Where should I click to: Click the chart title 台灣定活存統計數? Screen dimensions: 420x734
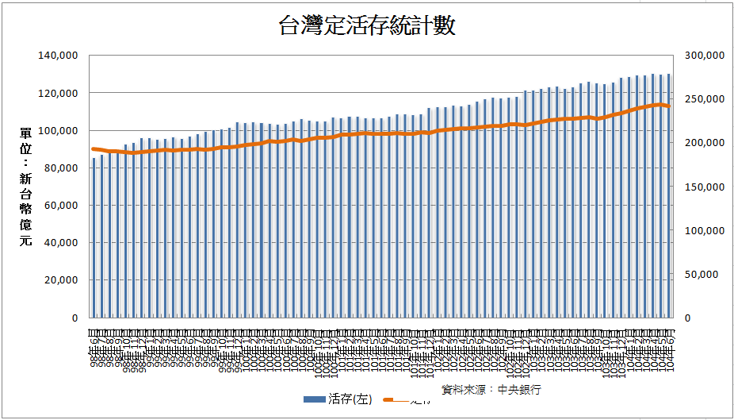click(367, 27)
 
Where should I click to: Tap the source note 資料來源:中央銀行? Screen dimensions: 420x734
click(491, 390)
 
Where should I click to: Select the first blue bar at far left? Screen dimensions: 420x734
click(94, 238)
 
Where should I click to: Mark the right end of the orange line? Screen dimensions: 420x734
click(669, 106)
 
